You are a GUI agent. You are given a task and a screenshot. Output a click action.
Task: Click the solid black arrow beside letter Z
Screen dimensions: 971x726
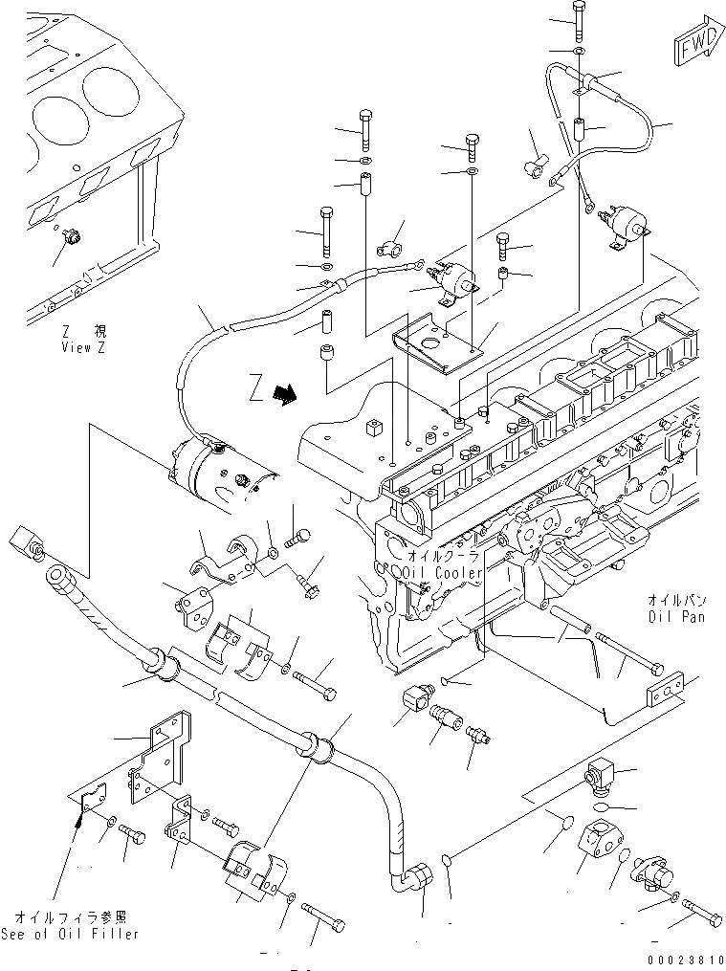pyautogui.click(x=283, y=392)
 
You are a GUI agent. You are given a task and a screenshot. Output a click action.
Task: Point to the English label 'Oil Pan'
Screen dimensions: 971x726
pyautogui.click(x=678, y=617)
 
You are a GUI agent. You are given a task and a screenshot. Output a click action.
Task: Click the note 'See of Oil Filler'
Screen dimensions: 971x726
pyautogui.click(x=70, y=933)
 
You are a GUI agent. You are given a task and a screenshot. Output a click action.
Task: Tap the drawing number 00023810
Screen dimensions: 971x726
pyautogui.click(x=685, y=958)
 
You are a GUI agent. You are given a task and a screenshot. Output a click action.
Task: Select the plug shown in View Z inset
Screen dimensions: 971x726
pyautogui.click(x=71, y=235)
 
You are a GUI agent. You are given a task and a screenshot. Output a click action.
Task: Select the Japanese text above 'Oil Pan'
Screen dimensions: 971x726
pyautogui.click(x=678, y=601)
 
